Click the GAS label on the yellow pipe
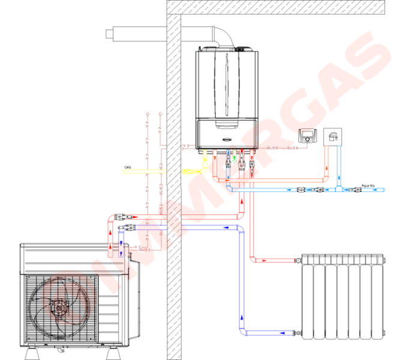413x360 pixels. (128, 168)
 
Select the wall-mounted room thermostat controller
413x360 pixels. (309, 137)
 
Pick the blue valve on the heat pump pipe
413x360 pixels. (128, 227)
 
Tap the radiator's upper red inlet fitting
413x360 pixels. (297, 260)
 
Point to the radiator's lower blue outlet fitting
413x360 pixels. (297, 332)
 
